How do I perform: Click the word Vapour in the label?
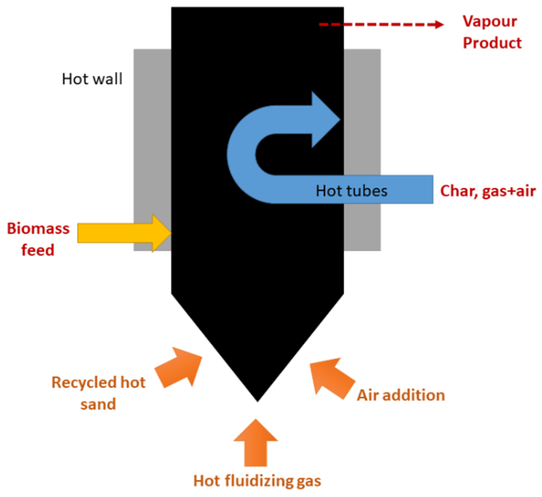tap(490, 22)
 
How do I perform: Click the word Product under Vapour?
tap(492, 43)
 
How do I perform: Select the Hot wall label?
tap(92, 79)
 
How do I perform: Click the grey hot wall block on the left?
tap(152, 134)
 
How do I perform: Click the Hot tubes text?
tap(351, 190)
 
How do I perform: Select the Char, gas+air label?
tap(488, 190)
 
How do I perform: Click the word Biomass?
tap(38, 228)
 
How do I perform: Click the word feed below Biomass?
tap(38, 250)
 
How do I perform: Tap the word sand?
tap(98, 404)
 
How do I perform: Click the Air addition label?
tap(401, 395)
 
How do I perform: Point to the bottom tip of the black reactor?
tap(257, 401)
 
